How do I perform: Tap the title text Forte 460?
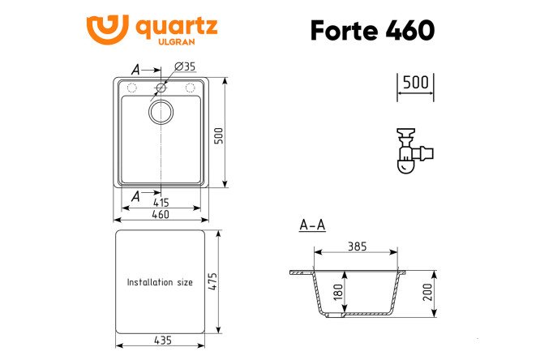(x=372, y=30)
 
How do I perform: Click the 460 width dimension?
(x=160, y=215)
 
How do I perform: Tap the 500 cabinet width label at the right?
(x=416, y=83)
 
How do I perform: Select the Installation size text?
(x=160, y=282)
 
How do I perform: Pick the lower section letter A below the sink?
(x=135, y=195)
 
